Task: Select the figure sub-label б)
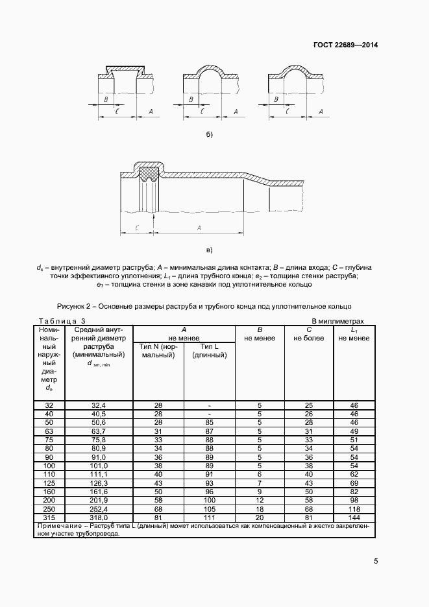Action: coord(209,135)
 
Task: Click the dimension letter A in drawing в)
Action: coord(199,228)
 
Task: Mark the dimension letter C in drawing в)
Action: coord(136,228)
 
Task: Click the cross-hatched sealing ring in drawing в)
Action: coord(150,173)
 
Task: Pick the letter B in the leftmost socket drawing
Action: coord(105,99)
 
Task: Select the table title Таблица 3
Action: coord(62,321)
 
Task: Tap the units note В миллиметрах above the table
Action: coord(338,321)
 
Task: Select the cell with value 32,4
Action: coord(99,405)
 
